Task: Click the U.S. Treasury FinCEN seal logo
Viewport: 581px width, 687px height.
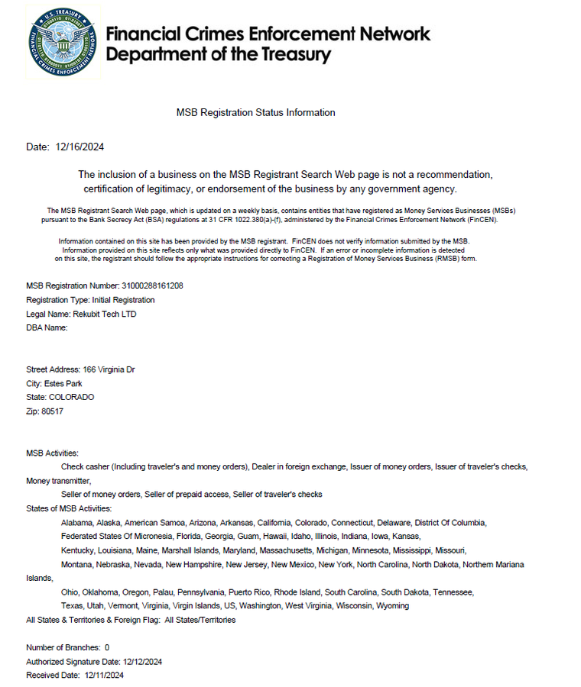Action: (x=63, y=41)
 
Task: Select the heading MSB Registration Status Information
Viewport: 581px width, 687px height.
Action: (x=255, y=112)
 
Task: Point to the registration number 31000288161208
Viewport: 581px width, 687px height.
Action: (x=152, y=286)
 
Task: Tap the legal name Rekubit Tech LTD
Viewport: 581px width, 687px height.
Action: (x=105, y=314)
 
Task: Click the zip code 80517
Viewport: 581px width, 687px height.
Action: (x=52, y=411)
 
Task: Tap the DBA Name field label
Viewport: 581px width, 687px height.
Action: (x=47, y=327)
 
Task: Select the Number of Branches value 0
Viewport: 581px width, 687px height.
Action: (x=106, y=647)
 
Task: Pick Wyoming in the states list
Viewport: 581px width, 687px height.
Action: (x=392, y=605)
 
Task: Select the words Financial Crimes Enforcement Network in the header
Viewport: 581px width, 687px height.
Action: (x=268, y=34)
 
